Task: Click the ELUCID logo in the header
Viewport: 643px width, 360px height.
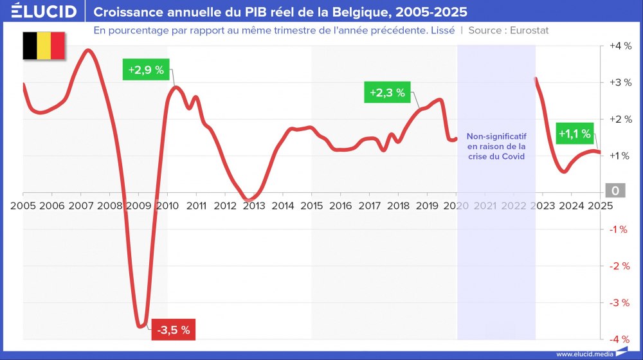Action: pos(44,12)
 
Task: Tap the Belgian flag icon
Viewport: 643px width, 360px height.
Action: pos(44,45)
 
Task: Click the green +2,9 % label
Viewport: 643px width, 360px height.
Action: pos(145,69)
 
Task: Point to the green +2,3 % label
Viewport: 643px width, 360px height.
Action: pos(387,93)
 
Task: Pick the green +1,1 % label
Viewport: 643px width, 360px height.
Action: pos(574,134)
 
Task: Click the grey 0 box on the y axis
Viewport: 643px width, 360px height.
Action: pos(615,191)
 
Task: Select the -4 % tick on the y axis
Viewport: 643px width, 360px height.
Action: pos(618,339)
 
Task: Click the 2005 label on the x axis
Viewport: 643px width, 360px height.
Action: pos(23,206)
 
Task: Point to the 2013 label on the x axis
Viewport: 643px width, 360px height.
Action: pos(253,206)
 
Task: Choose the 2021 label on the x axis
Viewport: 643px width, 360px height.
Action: pos(485,206)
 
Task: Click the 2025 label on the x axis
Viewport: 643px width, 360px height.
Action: pos(600,206)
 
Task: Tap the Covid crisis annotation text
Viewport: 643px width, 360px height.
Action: pos(496,147)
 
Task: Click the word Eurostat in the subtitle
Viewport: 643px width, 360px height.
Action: pos(529,30)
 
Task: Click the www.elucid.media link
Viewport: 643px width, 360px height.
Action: pos(583,354)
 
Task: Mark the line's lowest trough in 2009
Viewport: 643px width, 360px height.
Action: pos(141,327)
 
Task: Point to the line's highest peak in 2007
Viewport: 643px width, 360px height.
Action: pos(89,50)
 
